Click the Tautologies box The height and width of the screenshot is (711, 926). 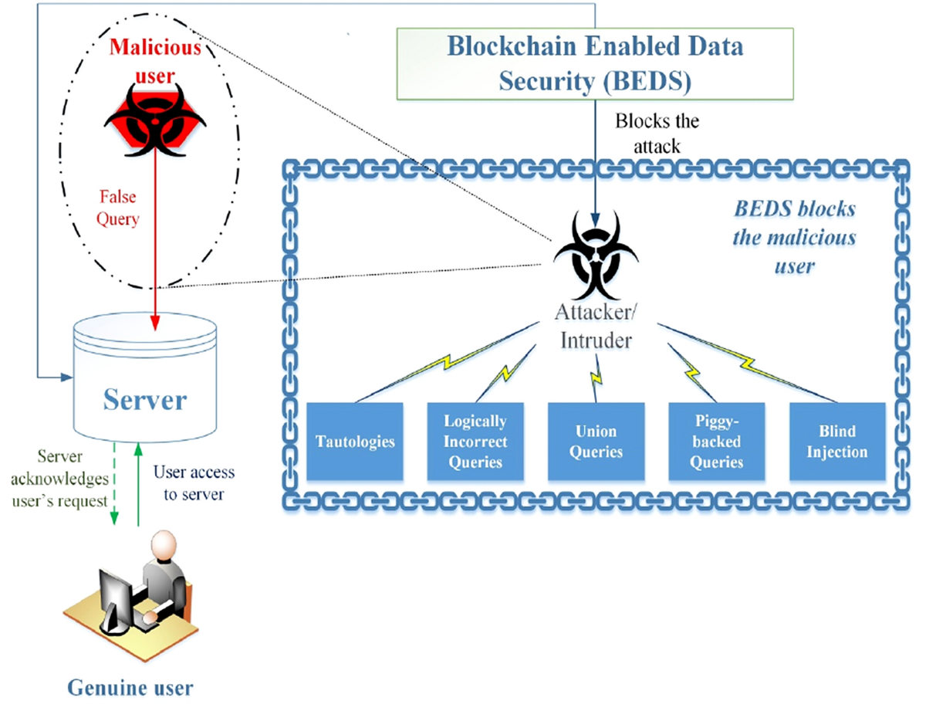355,441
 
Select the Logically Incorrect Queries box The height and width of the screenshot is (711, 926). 475,441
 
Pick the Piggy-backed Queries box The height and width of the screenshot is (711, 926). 716,441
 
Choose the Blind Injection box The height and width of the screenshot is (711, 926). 836,441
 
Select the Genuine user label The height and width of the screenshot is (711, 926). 130,687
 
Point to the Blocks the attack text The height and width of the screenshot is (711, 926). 657,132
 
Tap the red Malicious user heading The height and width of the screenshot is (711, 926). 155,59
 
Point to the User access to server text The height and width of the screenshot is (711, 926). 194,482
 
